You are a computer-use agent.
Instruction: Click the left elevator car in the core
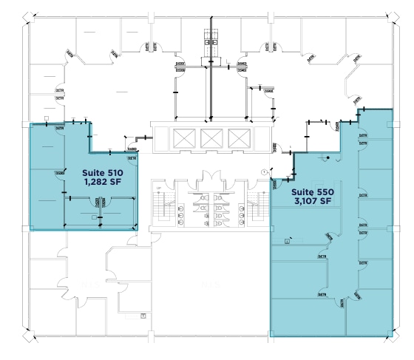(x=180, y=137)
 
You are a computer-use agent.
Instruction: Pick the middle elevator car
(x=211, y=137)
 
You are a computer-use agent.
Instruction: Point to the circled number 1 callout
(x=264, y=171)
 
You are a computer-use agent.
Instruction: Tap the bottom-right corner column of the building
(x=389, y=336)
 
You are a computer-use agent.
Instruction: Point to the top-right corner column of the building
(x=389, y=16)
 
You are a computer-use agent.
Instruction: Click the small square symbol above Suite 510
(x=47, y=118)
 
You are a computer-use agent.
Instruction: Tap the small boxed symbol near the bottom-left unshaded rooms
(x=143, y=316)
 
